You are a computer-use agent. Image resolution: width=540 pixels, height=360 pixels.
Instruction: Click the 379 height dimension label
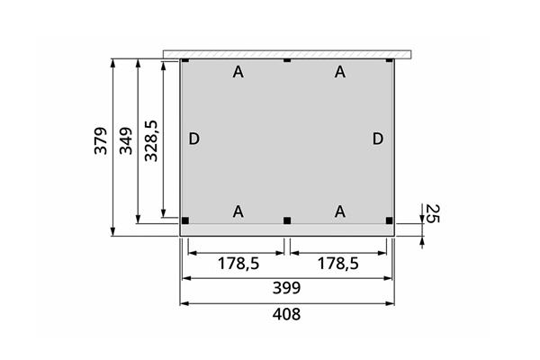coord(101,141)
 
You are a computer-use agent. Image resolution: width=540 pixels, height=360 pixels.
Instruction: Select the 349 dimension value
coord(126,141)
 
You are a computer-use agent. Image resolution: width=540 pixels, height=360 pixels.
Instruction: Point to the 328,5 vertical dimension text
coord(151,141)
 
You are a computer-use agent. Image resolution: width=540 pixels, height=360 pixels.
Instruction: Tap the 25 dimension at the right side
coord(432,213)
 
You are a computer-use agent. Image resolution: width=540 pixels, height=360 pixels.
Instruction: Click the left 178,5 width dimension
coord(238,264)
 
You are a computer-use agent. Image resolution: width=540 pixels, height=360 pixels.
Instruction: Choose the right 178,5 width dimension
coord(337,264)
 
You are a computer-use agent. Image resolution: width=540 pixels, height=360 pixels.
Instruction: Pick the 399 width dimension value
coord(286,288)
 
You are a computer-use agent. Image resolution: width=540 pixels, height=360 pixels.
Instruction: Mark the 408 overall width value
coord(286,314)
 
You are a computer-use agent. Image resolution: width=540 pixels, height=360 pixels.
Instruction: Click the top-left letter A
coord(238,72)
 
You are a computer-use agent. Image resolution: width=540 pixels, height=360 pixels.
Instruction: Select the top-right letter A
coord(340,72)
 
